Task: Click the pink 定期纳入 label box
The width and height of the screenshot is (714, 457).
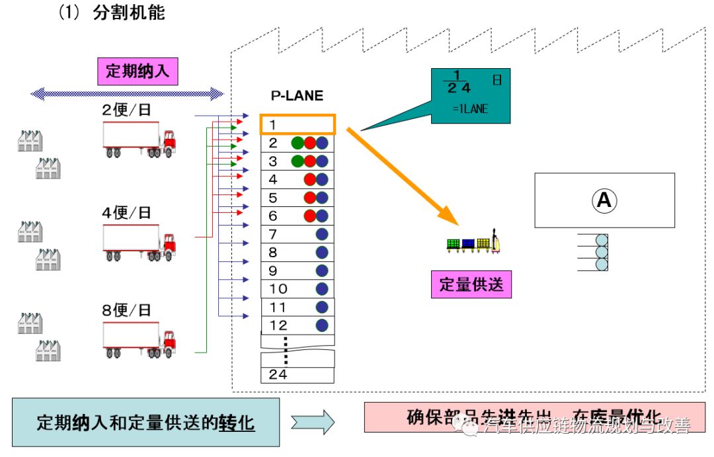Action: [x=138, y=71]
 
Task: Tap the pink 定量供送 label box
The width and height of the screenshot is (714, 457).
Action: [x=471, y=284]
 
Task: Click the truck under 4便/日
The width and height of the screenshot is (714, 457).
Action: [x=139, y=241]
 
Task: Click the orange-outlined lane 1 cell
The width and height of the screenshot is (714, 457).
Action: [x=297, y=124]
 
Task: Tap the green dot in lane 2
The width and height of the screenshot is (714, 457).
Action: [x=298, y=143]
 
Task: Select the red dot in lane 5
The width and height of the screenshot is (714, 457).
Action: [x=309, y=198]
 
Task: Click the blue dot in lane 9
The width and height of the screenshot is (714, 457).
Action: [x=322, y=270]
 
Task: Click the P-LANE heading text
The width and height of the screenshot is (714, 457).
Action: [x=297, y=96]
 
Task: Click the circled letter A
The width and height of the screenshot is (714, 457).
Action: [x=604, y=200]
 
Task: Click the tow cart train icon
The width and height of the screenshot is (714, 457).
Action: [x=474, y=244]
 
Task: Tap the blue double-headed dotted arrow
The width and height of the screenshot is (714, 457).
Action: [x=128, y=93]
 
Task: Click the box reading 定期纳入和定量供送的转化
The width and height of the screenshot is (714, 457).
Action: [x=145, y=422]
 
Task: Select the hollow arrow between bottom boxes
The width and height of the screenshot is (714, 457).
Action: [x=313, y=422]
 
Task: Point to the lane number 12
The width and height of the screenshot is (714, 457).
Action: [x=278, y=325]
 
